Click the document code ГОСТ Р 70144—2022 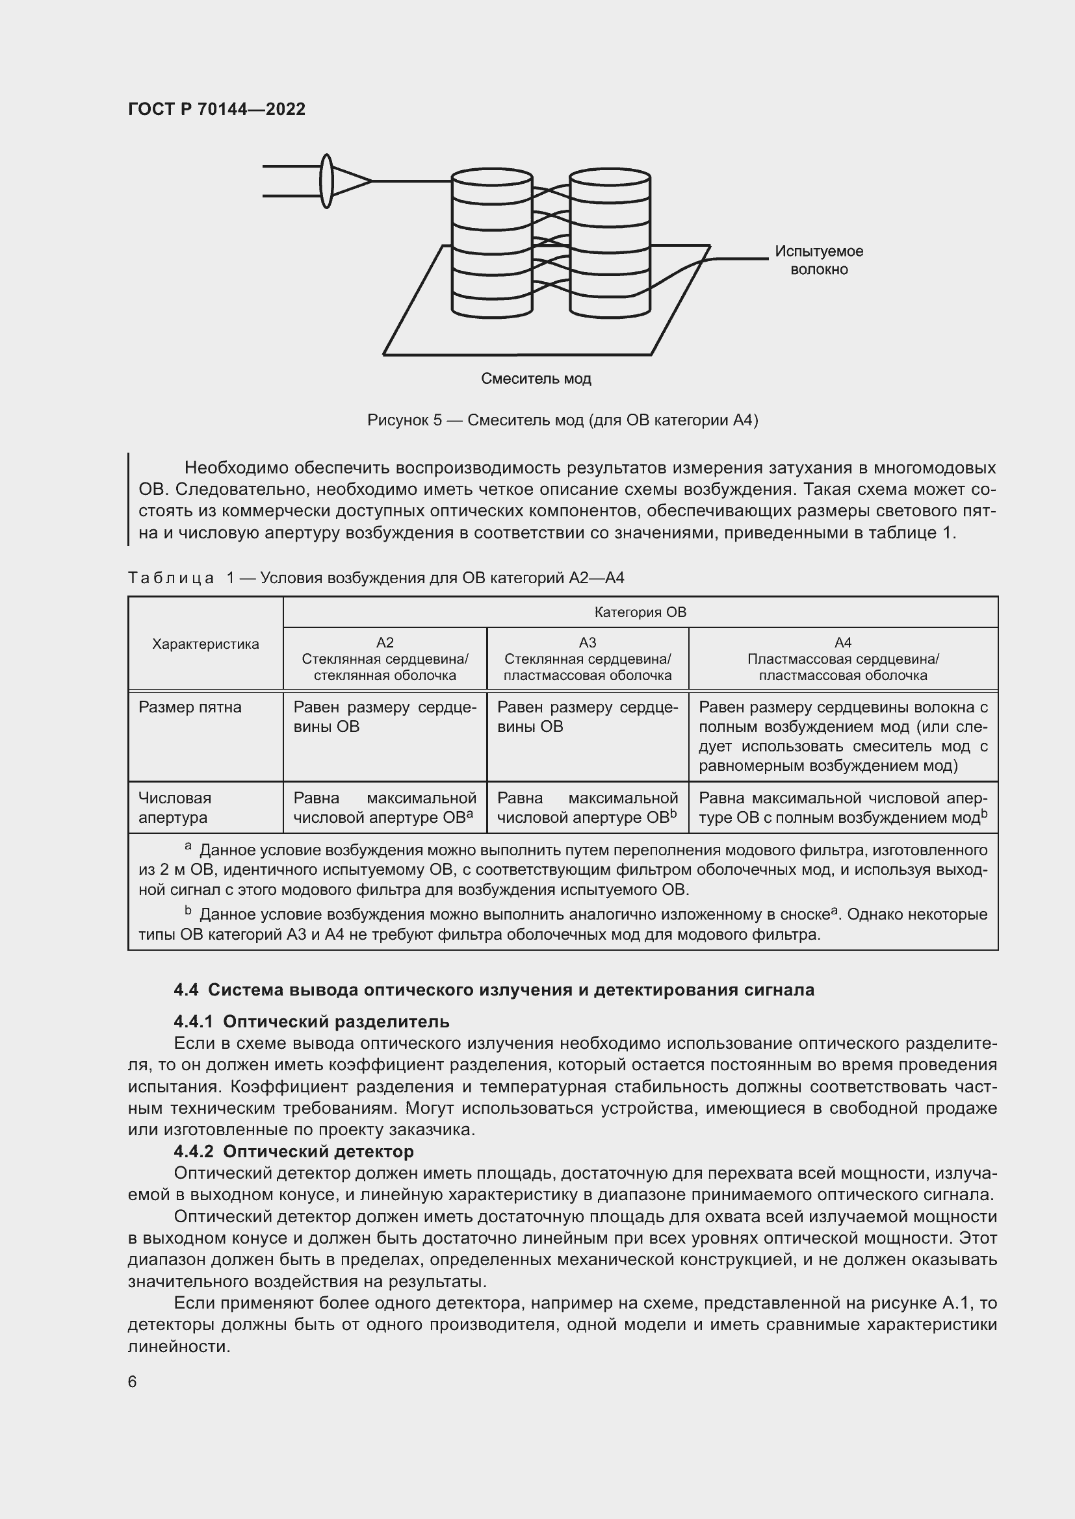tap(216, 109)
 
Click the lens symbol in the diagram tap(326, 181)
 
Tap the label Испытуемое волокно tap(819, 260)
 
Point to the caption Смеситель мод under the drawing tap(536, 379)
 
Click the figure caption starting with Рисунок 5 tap(563, 420)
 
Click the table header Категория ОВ tap(640, 612)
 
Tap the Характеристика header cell tap(205, 644)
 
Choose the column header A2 tap(385, 659)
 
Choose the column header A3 tap(587, 659)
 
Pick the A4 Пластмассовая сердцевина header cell tap(843, 659)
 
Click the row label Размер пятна tap(190, 707)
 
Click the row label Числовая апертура tap(175, 807)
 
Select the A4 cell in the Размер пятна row tap(843, 736)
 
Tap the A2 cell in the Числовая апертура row tap(385, 807)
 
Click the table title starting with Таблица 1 tap(375, 578)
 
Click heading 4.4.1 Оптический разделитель tap(311, 1022)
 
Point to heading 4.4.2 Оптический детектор tap(293, 1151)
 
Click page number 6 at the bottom tap(133, 1382)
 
